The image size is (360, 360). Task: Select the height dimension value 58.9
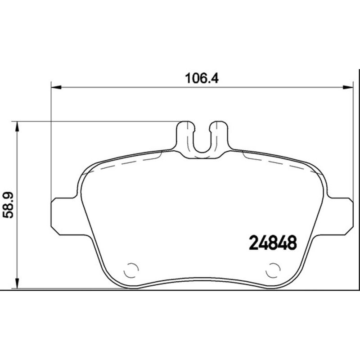[9, 204]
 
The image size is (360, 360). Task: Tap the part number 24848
[273, 243]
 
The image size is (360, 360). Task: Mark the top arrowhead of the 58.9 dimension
[18, 126]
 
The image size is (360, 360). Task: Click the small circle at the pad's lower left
[131, 270]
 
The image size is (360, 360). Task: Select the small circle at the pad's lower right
[273, 270]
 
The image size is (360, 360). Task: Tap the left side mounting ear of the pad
[63, 216]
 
